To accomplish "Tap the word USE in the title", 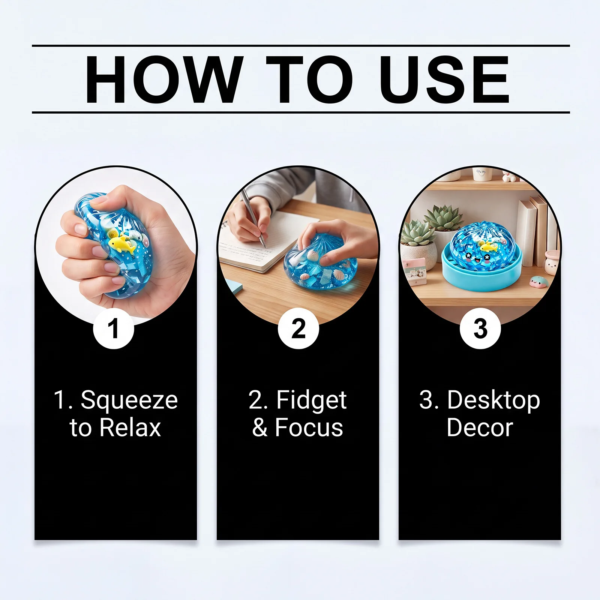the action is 444,79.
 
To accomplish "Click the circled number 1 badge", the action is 114,329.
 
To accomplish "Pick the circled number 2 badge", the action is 298,329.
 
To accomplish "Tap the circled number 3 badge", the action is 480,329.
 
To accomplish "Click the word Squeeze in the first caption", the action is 129,401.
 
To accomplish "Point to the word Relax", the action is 130,427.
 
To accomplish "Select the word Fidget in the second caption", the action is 312,401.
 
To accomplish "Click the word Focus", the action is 309,427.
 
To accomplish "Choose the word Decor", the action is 480,427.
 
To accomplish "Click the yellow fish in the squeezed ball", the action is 122,243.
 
